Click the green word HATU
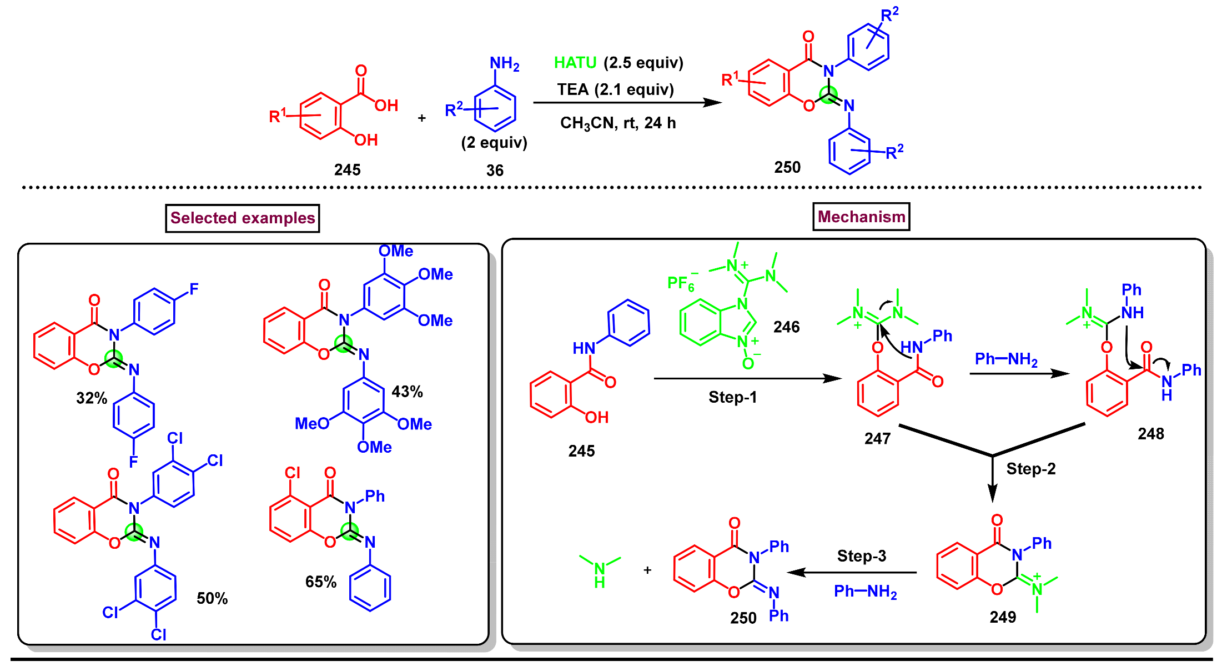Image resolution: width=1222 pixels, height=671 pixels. [575, 63]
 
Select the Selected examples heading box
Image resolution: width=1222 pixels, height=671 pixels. [243, 218]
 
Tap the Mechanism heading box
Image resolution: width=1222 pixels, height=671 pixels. [861, 217]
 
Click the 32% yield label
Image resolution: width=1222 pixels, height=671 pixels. [92, 398]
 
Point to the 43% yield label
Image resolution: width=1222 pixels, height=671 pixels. [407, 392]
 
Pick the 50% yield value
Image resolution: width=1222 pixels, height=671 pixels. [212, 598]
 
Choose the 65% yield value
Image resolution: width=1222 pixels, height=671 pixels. [321, 582]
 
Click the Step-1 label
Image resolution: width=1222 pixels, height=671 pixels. [732, 397]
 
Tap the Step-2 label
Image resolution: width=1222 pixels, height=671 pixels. [1030, 469]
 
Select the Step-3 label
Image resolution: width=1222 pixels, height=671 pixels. [861, 555]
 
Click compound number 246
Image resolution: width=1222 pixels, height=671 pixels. [786, 327]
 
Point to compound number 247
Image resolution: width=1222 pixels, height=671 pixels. [877, 439]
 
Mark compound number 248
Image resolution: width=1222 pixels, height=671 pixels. [1150, 434]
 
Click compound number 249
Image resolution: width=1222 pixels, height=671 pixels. [1003, 617]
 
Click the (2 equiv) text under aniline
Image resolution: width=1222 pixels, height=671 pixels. [494, 143]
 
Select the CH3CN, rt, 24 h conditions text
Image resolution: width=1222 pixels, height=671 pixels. [618, 123]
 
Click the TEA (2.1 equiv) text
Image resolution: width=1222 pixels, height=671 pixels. [616, 89]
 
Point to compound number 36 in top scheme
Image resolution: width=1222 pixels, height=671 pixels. [495, 170]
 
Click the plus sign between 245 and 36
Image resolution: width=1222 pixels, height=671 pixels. [422, 118]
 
